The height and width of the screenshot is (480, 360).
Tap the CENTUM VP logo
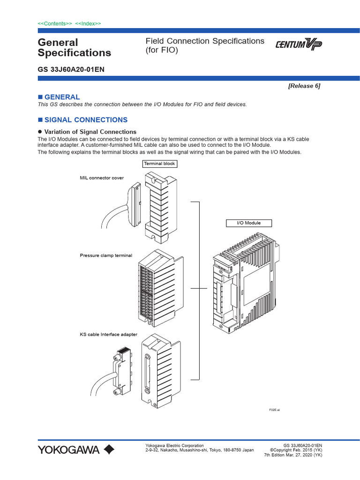pyautogui.click(x=299, y=45)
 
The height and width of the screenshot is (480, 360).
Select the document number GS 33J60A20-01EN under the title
pyautogui.click(x=71, y=69)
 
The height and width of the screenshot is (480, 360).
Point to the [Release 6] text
pyautogui.click(x=304, y=86)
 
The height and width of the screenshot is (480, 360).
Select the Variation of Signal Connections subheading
pyautogui.click(x=90, y=132)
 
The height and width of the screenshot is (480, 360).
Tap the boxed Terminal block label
pyautogui.click(x=159, y=164)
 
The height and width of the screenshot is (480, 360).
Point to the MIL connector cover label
pyautogui.click(x=102, y=178)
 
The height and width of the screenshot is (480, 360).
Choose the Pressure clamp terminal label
pyautogui.click(x=106, y=255)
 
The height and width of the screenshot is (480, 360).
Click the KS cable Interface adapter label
pyautogui.click(x=108, y=334)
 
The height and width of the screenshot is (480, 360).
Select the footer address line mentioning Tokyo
pyautogui.click(x=200, y=450)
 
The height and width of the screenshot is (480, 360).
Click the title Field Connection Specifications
pyautogui.click(x=205, y=41)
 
